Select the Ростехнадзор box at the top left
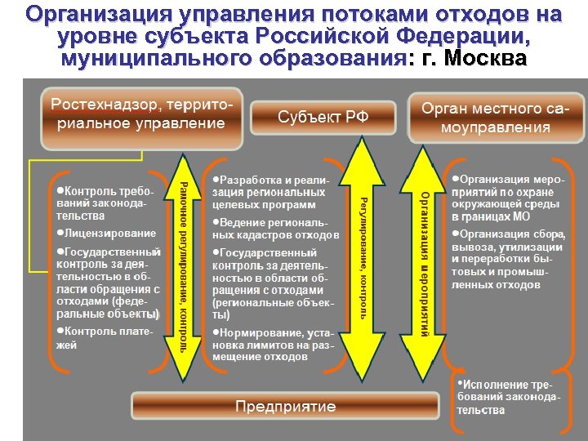tap(143, 115)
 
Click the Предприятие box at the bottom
tap(285, 406)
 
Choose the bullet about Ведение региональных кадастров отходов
tap(274, 228)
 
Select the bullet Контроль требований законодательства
tap(102, 203)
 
